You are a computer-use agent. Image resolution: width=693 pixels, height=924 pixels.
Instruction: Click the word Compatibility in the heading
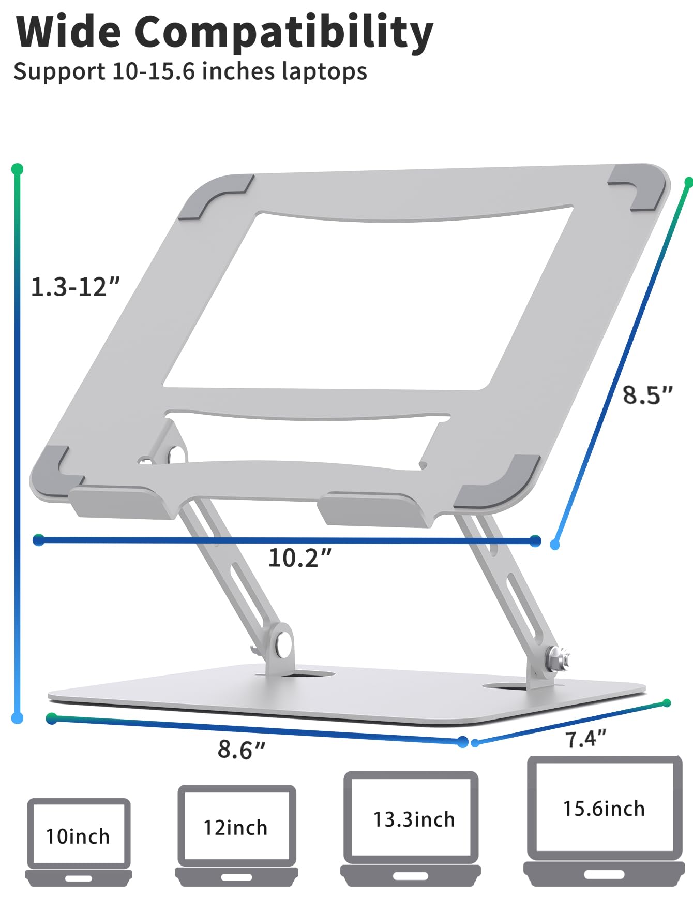(x=283, y=32)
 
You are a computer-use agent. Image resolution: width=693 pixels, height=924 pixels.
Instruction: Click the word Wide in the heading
(x=68, y=32)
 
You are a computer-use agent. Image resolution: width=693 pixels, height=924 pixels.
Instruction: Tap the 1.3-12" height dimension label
(x=76, y=287)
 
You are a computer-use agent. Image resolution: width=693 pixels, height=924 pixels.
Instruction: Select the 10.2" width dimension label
(x=300, y=558)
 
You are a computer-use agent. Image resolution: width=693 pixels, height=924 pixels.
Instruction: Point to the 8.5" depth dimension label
(x=647, y=395)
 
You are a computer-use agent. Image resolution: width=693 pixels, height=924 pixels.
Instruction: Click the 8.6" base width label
(x=242, y=749)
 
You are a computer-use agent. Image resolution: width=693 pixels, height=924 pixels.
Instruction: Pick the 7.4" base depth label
(x=585, y=739)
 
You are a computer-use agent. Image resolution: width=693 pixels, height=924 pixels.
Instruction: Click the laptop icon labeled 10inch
(x=79, y=842)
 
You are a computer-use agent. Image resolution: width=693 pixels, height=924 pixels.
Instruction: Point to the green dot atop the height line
(x=17, y=169)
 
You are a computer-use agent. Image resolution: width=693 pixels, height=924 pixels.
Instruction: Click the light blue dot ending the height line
(x=17, y=718)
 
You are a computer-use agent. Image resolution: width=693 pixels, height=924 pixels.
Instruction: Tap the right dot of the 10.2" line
(x=536, y=541)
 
